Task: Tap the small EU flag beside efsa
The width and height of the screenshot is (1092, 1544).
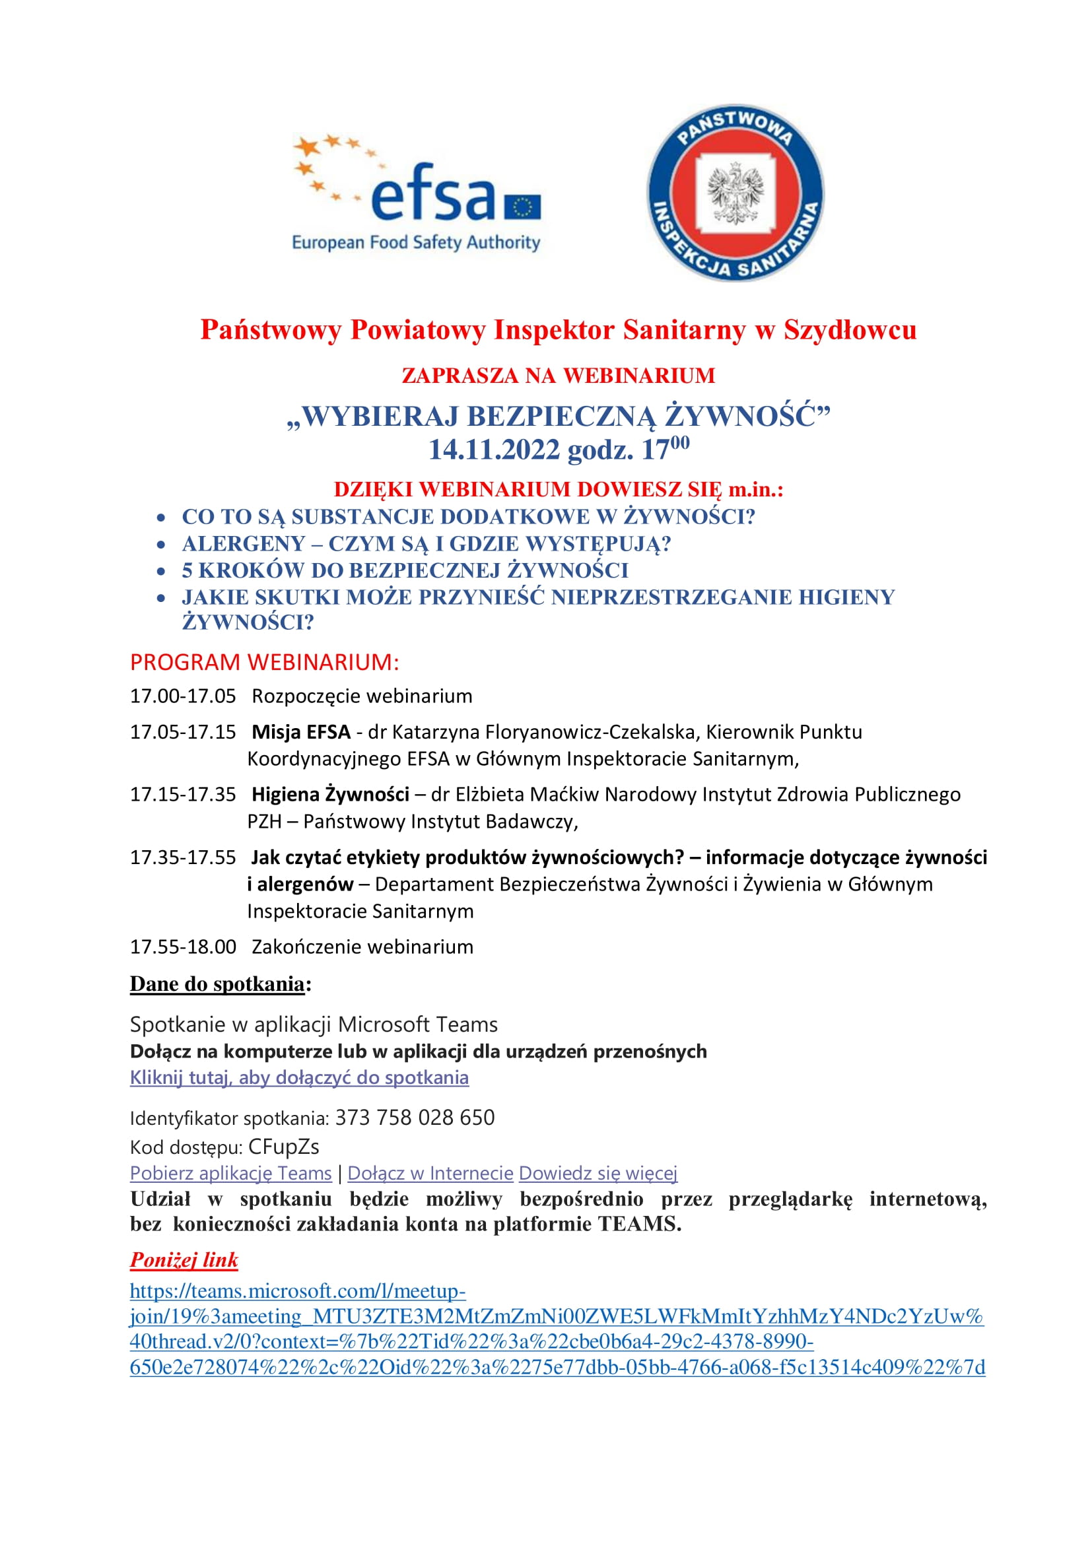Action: pyautogui.click(x=522, y=207)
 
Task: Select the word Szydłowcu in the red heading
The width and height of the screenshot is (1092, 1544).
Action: pyautogui.click(x=850, y=330)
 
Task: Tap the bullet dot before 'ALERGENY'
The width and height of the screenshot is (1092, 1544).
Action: pyautogui.click(x=160, y=544)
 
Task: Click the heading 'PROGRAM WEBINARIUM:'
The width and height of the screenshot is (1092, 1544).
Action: pyautogui.click(x=264, y=661)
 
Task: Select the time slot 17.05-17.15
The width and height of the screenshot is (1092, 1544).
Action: pyautogui.click(x=183, y=731)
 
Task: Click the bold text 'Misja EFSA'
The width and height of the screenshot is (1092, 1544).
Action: pyautogui.click(x=300, y=731)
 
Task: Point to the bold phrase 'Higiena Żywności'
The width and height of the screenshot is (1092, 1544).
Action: pyautogui.click(x=330, y=794)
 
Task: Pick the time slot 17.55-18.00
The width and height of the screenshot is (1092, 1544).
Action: pyautogui.click(x=183, y=947)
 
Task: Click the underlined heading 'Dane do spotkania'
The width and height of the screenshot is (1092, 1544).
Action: pyautogui.click(x=217, y=984)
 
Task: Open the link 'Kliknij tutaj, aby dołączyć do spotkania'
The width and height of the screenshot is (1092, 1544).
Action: pyautogui.click(x=299, y=1077)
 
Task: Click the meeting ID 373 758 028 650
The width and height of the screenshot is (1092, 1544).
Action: pyautogui.click(x=415, y=1117)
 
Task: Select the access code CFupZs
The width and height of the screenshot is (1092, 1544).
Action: pyautogui.click(x=284, y=1146)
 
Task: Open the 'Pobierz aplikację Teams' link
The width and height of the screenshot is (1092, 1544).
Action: pyautogui.click(x=230, y=1173)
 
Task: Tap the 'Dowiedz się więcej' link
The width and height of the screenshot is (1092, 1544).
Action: pyautogui.click(x=597, y=1173)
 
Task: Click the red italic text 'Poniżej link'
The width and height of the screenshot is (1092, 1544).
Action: pyautogui.click(x=184, y=1259)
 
